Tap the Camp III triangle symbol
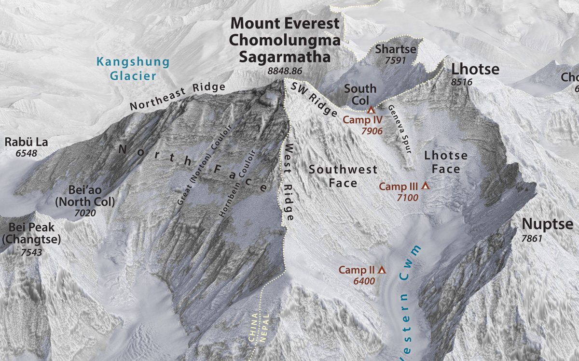pos(425,186)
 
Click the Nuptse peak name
pos(547,224)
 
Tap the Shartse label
pos(395,49)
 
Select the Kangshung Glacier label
pos(133,69)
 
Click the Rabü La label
pos(27,142)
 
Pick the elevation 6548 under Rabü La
pos(27,154)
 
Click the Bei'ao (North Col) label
pos(85,195)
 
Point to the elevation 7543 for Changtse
pos(31,252)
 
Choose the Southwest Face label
pos(343,176)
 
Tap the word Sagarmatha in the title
pos(285,57)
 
